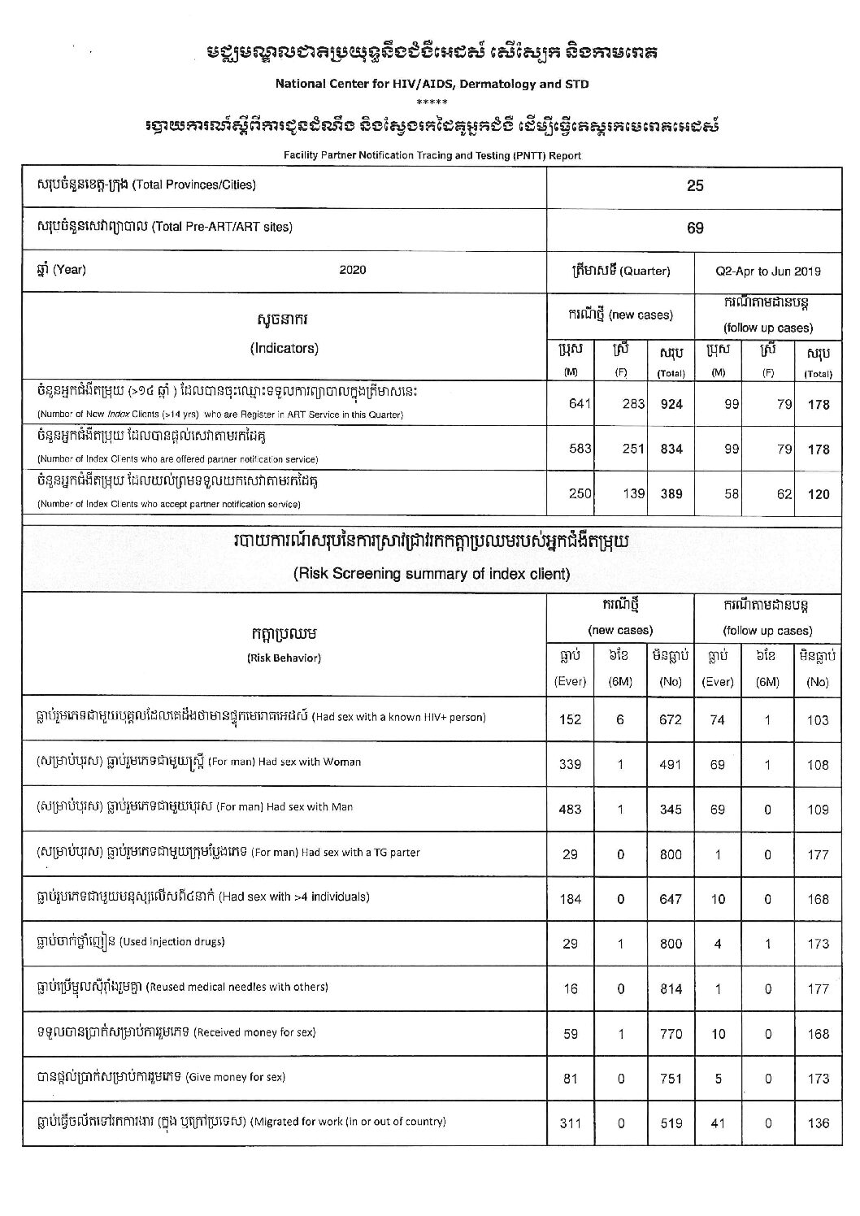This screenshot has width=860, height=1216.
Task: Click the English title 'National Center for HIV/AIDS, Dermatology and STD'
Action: (x=432, y=84)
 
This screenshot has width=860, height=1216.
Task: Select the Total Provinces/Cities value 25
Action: (x=695, y=185)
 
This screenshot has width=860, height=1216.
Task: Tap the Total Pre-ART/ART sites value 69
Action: (x=695, y=228)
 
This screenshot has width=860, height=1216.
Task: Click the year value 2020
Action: (x=353, y=270)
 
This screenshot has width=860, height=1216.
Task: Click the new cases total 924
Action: (x=671, y=404)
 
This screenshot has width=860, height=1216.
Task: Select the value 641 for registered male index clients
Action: (x=580, y=404)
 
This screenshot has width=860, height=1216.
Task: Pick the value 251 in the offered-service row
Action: (x=633, y=449)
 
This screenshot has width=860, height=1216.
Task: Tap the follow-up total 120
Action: (x=819, y=494)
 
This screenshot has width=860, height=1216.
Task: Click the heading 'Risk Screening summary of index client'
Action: (x=431, y=574)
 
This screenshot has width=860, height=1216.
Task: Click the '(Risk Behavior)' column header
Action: (x=284, y=658)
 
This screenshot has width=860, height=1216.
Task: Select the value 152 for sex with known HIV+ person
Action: (x=569, y=719)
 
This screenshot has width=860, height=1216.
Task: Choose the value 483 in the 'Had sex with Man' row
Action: (x=569, y=810)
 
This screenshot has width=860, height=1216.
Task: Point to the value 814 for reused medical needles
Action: (x=671, y=989)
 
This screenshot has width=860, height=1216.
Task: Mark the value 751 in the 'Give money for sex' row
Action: (x=671, y=1079)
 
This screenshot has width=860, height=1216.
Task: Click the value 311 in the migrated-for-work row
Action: (x=569, y=1123)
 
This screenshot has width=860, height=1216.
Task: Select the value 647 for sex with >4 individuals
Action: (x=671, y=899)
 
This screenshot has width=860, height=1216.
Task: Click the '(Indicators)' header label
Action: (x=284, y=348)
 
